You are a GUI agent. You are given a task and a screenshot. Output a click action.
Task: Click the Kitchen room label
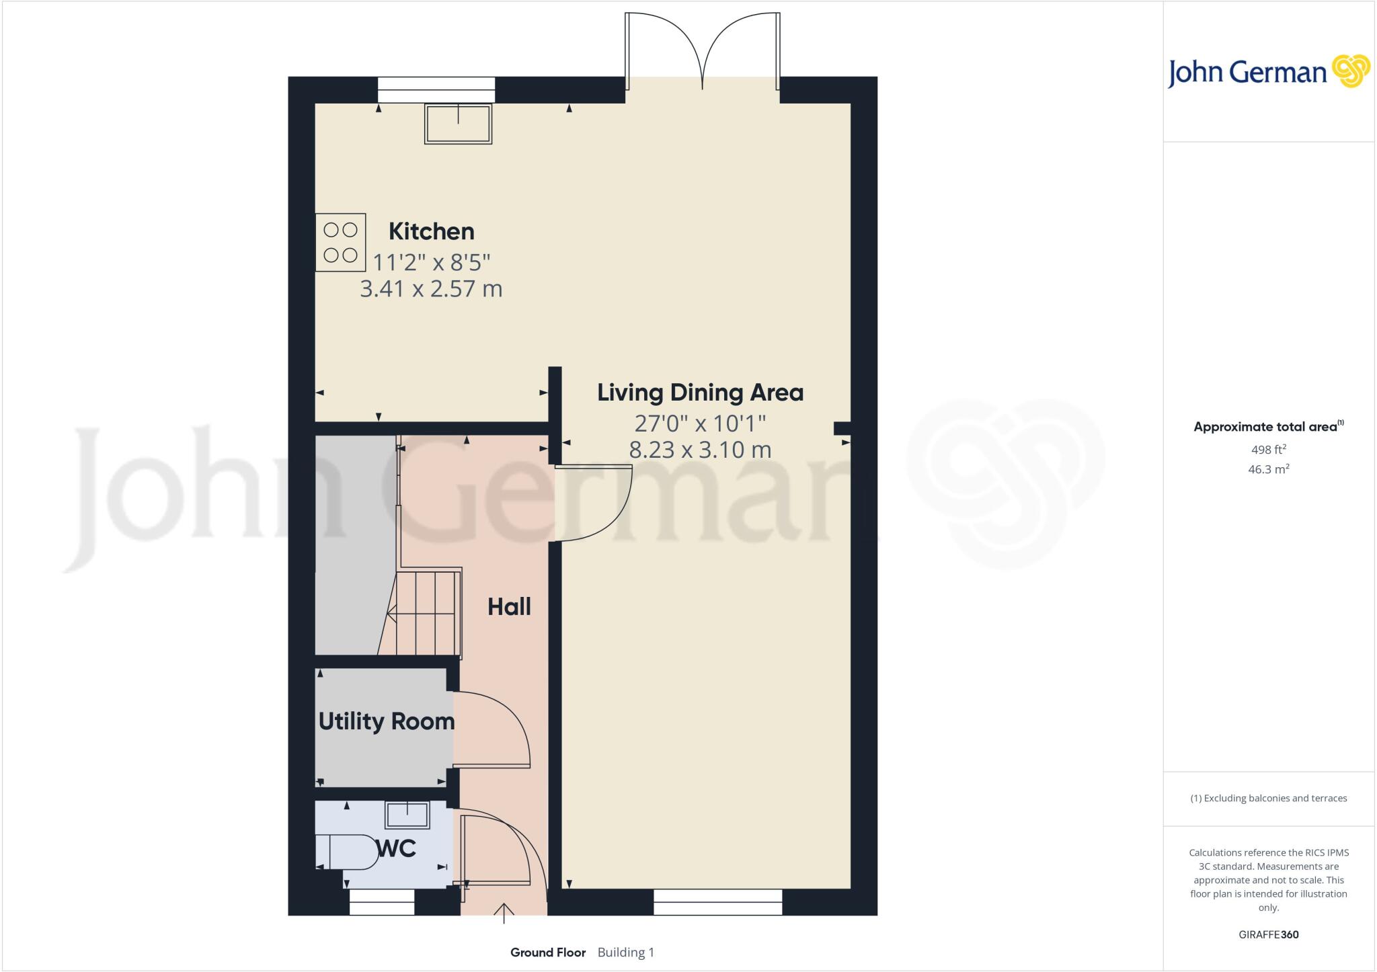click(x=431, y=231)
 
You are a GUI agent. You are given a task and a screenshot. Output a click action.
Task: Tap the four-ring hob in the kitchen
click(x=340, y=243)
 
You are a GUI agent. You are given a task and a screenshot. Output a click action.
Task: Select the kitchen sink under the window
click(x=458, y=124)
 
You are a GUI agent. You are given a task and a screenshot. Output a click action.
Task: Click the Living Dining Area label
click(x=700, y=393)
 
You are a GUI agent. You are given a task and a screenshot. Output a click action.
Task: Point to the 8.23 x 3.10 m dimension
click(x=700, y=450)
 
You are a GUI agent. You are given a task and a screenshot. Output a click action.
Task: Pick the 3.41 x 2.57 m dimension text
click(x=431, y=289)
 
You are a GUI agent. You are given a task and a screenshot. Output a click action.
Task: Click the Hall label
click(x=509, y=607)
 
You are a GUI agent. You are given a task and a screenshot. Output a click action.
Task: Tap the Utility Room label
click(x=386, y=721)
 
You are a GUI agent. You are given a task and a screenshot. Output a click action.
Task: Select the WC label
click(x=397, y=848)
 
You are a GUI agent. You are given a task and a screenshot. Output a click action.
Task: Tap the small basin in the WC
click(x=407, y=815)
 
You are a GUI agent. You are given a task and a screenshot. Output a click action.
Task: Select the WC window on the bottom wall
click(x=382, y=902)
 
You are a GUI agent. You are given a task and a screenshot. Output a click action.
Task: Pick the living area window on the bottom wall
click(x=717, y=902)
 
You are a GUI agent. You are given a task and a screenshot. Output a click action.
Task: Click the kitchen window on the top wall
click(x=436, y=90)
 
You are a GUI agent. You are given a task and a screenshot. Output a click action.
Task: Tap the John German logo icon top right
click(x=1351, y=71)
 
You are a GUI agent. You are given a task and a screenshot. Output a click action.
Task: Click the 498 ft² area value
click(x=1267, y=450)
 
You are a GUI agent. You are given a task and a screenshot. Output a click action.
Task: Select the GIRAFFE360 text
click(x=1268, y=934)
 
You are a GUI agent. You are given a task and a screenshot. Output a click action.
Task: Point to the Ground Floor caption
click(x=548, y=953)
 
